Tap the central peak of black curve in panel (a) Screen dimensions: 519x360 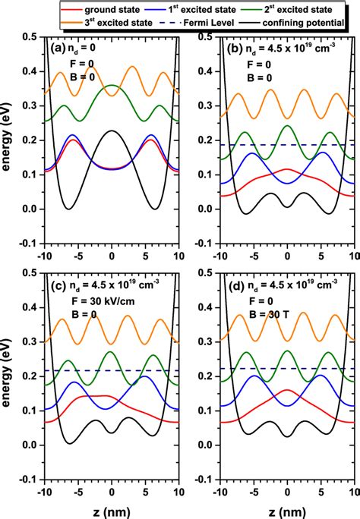coord(112,131)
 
